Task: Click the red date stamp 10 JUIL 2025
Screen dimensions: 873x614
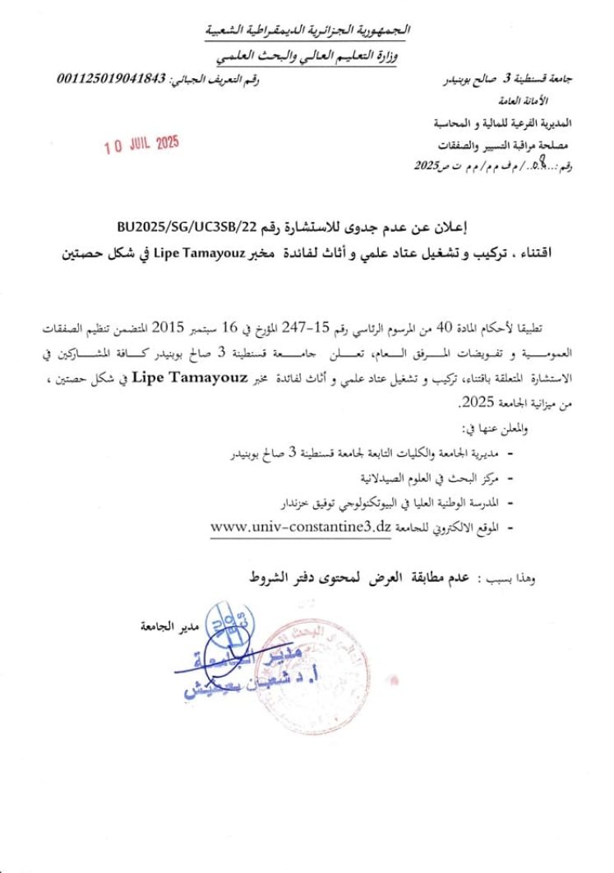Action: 141,145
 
